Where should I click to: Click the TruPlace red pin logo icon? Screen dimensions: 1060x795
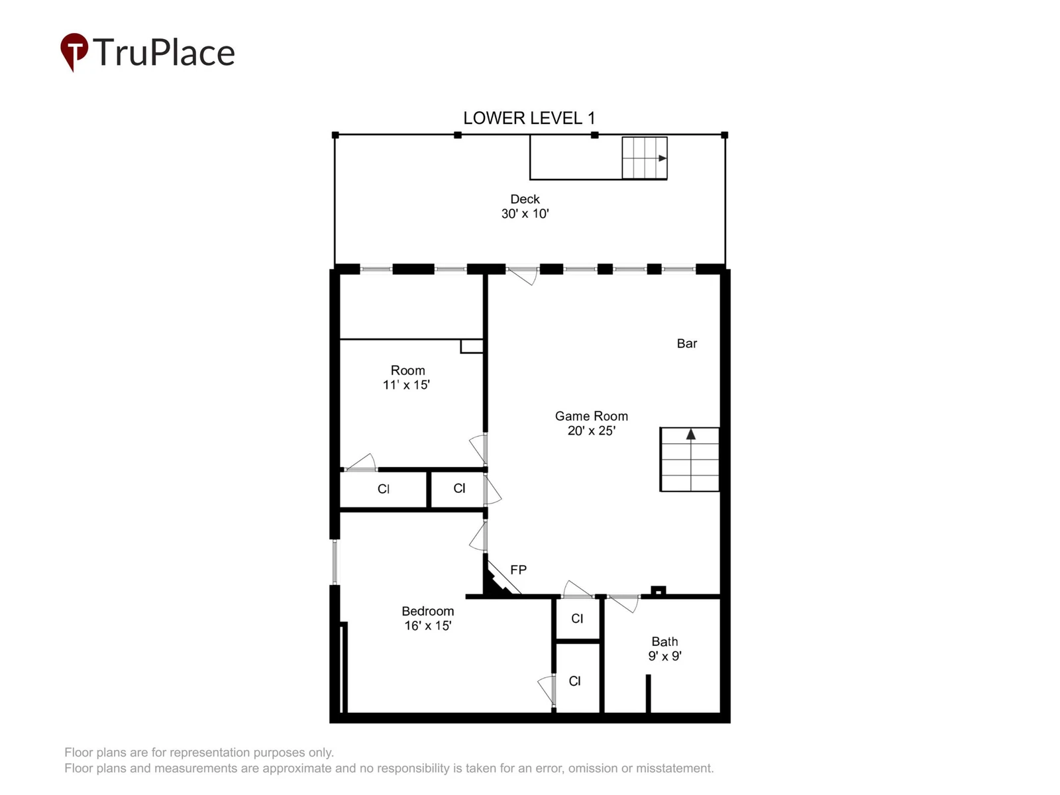tap(74, 51)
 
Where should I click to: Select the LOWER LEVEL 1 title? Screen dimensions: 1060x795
tap(529, 119)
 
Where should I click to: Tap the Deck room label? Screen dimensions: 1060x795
tap(525, 199)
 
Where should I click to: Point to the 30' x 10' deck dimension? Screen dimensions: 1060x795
tap(525, 214)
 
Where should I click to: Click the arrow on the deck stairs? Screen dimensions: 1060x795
tap(662, 158)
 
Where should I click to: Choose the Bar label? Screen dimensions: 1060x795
tap(687, 343)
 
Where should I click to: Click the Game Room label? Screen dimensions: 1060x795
tap(591, 416)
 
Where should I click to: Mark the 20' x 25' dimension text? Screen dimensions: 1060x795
tap(591, 431)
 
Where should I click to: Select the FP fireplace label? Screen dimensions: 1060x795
tap(518, 570)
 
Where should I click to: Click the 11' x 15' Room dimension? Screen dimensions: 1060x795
tap(406, 385)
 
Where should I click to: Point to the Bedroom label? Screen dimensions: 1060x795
tap(427, 611)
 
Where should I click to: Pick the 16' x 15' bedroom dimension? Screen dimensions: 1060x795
tap(427, 625)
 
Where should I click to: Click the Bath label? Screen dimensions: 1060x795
tap(664, 641)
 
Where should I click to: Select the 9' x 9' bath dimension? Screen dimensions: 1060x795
tap(664, 656)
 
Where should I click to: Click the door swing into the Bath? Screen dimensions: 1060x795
tap(623, 604)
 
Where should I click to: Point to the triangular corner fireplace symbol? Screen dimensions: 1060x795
tap(498, 581)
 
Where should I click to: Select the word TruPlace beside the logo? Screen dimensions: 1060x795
tap(164, 52)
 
